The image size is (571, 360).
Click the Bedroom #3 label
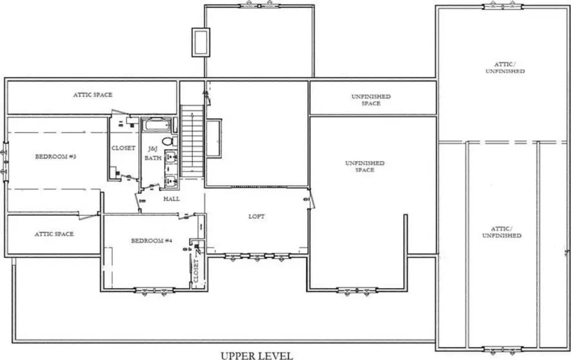tap(56, 157)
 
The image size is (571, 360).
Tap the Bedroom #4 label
tap(152, 241)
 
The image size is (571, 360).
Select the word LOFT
tap(257, 216)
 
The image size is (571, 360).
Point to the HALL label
tap(172, 199)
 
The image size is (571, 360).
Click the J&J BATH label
tap(153, 153)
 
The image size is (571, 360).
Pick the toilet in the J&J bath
tap(168, 141)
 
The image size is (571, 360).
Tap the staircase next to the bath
tap(192, 141)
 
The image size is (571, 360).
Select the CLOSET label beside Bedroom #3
tap(123, 148)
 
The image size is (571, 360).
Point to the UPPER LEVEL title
tap(257, 356)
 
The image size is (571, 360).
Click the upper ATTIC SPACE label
tap(93, 95)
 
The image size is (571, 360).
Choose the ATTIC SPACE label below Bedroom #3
tap(54, 234)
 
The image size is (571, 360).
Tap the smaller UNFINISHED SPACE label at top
tap(371, 100)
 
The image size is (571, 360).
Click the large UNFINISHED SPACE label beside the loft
tap(365, 167)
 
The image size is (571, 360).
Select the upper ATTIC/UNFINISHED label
tap(505, 67)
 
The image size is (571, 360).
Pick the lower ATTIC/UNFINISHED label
tap(502, 232)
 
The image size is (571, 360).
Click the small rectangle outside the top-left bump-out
tap(201, 42)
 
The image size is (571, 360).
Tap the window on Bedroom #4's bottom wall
tap(154, 290)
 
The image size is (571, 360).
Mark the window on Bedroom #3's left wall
tap(6, 161)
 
